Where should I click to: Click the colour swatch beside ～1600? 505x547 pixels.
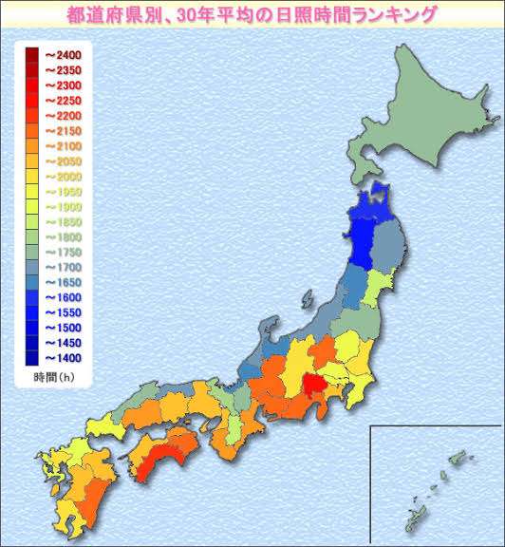[x=31, y=297]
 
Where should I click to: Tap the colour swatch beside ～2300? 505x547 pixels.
[x=31, y=85]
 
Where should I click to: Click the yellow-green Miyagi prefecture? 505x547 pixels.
[x=377, y=286]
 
